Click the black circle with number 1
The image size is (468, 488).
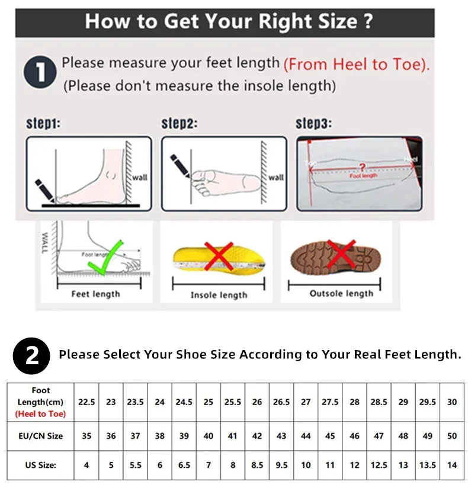click(x=40, y=73)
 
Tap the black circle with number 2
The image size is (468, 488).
click(x=32, y=355)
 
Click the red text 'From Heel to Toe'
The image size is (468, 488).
click(x=356, y=64)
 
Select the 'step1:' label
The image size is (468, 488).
click(x=43, y=124)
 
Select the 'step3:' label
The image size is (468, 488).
click(x=313, y=124)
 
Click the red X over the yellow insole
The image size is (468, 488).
click(x=219, y=256)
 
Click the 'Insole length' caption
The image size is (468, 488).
click(x=219, y=295)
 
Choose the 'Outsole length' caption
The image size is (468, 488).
click(x=341, y=293)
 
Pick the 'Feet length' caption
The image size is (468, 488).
click(x=95, y=294)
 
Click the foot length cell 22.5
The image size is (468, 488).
click(x=86, y=402)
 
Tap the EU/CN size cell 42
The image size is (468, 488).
click(x=257, y=436)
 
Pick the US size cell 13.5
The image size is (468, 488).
click(x=427, y=465)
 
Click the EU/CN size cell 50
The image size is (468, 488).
click(x=452, y=436)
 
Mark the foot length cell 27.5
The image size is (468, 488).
click(x=330, y=402)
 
